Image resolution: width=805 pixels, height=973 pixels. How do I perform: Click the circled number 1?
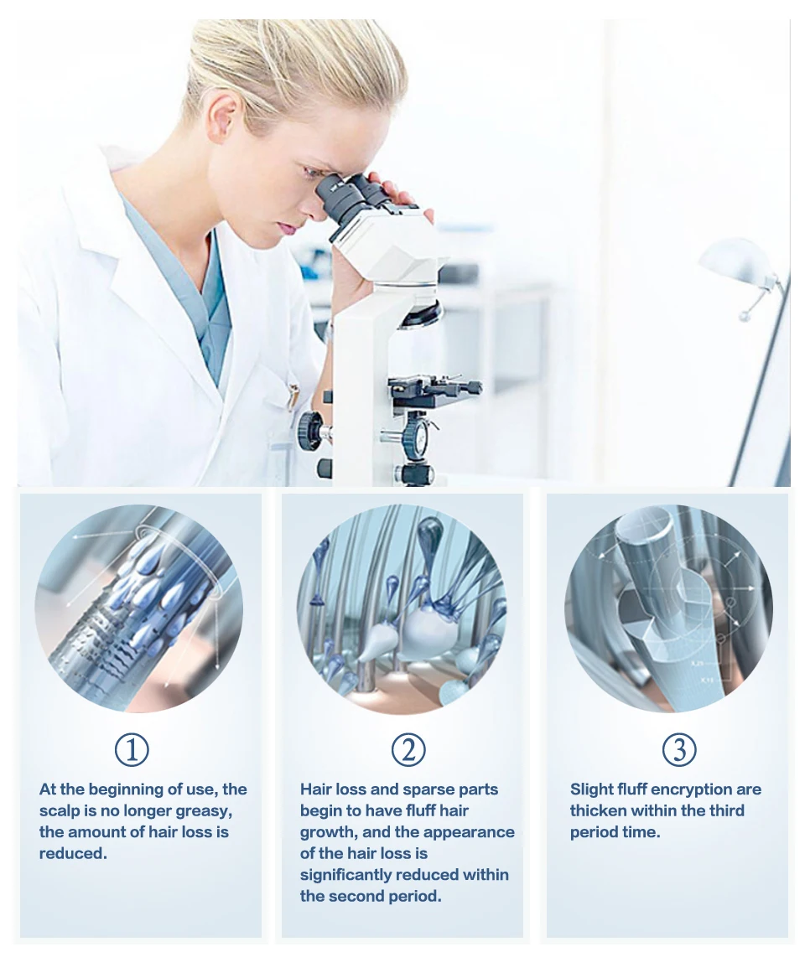[x=132, y=749]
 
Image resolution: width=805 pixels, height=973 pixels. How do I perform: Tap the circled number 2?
[x=408, y=749]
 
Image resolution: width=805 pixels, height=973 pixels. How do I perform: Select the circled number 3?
[x=679, y=749]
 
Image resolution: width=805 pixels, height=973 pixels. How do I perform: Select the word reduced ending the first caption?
[x=73, y=853]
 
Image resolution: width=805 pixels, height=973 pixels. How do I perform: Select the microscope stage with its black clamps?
[x=434, y=391]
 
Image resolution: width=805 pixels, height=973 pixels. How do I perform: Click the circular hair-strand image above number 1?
[x=138, y=608]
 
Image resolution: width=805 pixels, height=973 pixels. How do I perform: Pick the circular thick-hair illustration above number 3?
[x=668, y=608]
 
